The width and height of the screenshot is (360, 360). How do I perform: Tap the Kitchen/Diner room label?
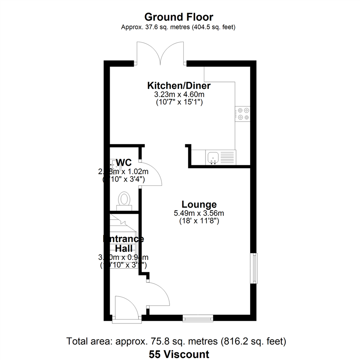(179, 86)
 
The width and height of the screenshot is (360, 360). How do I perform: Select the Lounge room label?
(199, 204)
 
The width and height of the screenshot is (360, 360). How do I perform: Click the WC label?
(124, 163)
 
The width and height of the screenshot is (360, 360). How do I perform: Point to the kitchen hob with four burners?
(242, 113)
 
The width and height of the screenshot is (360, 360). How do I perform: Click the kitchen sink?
(212, 157)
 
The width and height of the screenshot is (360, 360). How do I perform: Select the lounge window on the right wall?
(255, 268)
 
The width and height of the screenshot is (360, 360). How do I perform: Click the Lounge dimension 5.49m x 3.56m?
(199, 213)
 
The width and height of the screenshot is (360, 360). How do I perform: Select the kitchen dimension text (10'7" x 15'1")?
(179, 102)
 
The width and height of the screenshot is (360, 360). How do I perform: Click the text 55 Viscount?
(179, 354)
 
